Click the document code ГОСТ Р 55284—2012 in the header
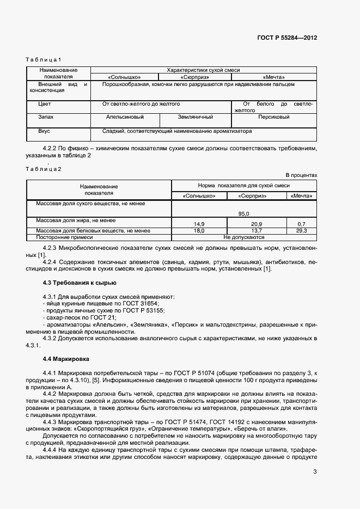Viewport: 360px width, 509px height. point(286,38)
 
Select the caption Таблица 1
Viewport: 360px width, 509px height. point(44,59)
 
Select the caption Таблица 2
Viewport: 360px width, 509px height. point(44,169)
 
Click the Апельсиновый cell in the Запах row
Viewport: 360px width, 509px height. point(125,117)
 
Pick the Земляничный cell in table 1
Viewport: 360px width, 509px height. point(196,117)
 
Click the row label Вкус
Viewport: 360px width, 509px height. point(44,131)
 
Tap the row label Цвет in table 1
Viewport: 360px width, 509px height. point(45,103)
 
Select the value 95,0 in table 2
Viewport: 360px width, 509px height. point(243,214)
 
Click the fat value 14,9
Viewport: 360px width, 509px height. point(199,224)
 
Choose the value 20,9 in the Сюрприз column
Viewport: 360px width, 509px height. point(257,224)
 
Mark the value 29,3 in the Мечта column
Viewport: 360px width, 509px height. point(301,231)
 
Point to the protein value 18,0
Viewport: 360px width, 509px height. point(199,231)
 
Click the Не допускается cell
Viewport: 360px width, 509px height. point(243,237)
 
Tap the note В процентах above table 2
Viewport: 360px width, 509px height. point(301,175)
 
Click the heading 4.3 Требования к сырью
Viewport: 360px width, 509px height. point(79,283)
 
